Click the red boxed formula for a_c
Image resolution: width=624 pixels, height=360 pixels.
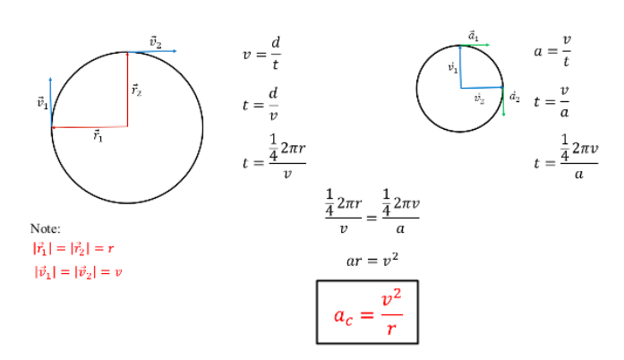368,313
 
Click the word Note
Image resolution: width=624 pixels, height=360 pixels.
44,228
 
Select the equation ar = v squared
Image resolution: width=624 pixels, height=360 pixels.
372,260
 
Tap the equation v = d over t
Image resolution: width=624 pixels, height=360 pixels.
261,54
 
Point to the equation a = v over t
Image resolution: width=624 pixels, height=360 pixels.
552,50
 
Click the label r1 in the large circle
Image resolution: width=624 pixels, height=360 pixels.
98,136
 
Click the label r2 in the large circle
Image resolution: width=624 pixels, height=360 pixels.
136,90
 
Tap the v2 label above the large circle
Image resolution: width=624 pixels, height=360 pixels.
156,42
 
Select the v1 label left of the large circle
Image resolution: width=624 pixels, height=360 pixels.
43,103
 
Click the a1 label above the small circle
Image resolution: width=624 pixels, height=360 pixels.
474,36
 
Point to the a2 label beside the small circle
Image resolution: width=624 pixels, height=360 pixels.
515,97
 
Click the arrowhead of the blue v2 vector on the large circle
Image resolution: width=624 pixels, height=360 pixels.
175,51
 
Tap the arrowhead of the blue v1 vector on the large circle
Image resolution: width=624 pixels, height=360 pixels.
50,79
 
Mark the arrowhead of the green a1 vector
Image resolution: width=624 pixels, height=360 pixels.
488,45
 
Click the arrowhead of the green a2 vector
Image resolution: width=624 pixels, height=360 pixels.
504,115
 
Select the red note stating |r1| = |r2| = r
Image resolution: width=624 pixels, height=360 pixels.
73,248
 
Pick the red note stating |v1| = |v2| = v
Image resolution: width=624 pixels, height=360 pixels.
78,272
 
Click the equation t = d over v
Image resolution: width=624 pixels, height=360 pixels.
261,105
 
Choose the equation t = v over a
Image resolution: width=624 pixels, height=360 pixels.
551,101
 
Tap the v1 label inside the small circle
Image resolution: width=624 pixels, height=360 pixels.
453,68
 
